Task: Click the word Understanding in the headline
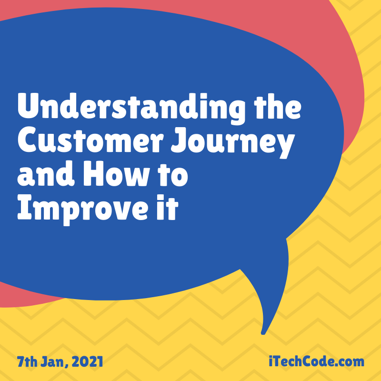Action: tap(131, 109)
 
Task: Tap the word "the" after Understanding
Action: tap(278, 106)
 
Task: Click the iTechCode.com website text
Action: tap(316, 361)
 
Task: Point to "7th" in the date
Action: tap(27, 361)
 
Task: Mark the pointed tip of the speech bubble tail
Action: tap(263, 334)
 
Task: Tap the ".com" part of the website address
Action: tap(350, 362)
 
